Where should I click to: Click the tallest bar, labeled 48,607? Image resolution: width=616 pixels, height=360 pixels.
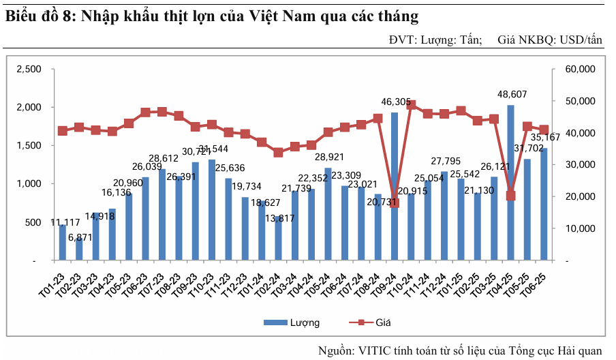click(510, 183)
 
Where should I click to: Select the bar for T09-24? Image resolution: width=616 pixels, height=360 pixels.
click(394, 186)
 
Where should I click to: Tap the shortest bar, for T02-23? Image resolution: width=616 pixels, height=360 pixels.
click(79, 248)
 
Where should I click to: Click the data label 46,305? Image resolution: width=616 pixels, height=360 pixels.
click(395, 102)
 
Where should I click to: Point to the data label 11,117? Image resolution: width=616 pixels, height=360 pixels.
click(64, 222)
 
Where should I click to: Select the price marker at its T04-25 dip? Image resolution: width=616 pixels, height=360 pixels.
click(510, 196)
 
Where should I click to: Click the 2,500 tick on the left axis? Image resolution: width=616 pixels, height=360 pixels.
click(29, 69)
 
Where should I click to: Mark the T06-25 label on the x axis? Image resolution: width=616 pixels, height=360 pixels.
click(542, 281)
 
